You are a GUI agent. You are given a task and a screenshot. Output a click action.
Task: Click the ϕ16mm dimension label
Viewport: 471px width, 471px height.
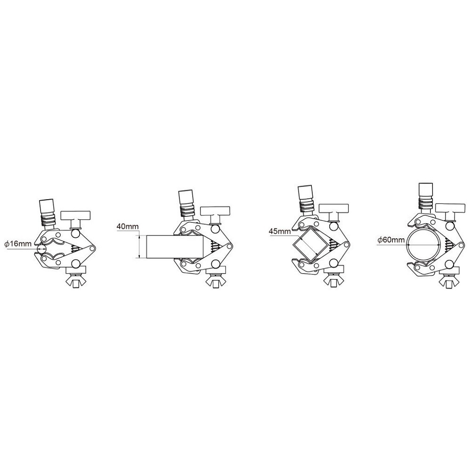click(x=18, y=244)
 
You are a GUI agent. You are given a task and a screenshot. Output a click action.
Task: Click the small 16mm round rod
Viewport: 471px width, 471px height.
click(x=41, y=249)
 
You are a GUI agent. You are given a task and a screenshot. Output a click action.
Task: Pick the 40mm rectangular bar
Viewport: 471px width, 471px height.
click(x=175, y=247)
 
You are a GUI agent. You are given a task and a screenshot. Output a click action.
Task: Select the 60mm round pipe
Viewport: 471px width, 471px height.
click(x=424, y=244)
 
